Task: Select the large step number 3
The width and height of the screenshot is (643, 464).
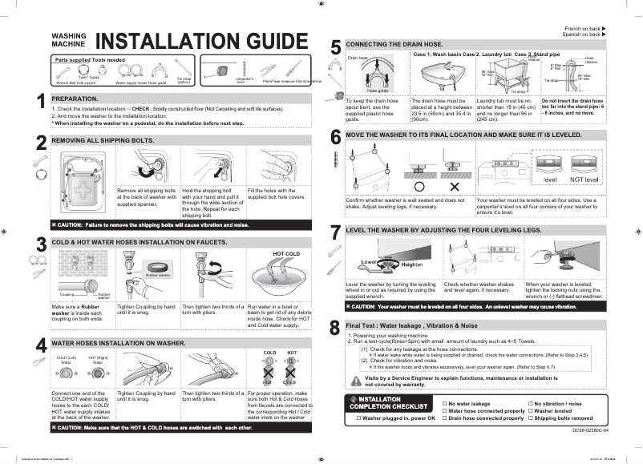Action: point(41,244)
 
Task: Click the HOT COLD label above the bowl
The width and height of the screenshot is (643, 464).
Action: point(286,253)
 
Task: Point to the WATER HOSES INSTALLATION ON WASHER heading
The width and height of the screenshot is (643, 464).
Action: point(120,342)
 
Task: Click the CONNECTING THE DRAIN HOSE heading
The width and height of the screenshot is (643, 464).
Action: point(396,43)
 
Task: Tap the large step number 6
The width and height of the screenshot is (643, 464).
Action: point(336,136)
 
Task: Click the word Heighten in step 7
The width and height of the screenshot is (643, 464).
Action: point(411,264)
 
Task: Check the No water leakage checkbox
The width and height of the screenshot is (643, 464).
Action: point(445,404)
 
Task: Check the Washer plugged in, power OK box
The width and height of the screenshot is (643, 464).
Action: point(357,418)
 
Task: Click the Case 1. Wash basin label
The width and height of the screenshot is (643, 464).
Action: point(443,53)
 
